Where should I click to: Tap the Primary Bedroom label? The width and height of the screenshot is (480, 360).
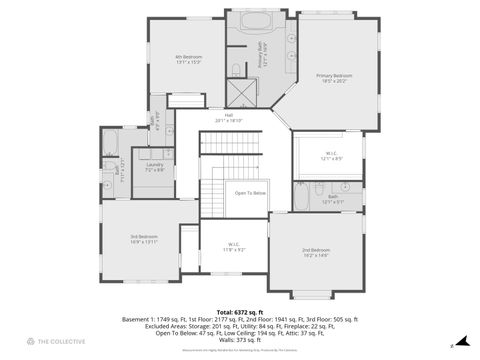coord(335,78)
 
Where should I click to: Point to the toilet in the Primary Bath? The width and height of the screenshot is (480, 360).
coord(233,68)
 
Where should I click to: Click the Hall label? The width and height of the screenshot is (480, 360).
coord(229,118)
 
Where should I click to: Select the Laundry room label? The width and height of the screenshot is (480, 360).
coord(154,167)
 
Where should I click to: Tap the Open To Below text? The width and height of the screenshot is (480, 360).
coord(250,193)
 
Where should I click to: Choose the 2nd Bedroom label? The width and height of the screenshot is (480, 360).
coord(316,252)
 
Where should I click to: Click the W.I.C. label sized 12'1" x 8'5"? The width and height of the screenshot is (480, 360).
coord(332,157)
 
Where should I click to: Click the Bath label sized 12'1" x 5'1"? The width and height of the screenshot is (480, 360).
coord(333,199)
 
